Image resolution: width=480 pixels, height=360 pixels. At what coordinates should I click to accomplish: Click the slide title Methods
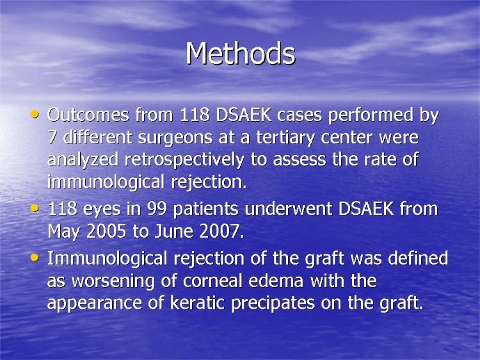[x=241, y=53]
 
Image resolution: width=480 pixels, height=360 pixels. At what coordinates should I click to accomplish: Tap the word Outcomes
[x=88, y=115]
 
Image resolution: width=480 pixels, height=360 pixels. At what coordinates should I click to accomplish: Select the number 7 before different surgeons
[x=52, y=137]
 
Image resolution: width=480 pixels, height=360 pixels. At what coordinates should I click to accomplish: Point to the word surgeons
[x=175, y=138]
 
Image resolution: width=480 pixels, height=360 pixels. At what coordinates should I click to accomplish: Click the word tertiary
[x=285, y=138]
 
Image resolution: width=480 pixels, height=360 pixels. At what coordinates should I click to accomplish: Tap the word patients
[x=205, y=209]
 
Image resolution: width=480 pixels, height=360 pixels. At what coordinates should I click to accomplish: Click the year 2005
[x=106, y=231]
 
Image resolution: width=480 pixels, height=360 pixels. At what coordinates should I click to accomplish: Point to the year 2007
[x=219, y=231]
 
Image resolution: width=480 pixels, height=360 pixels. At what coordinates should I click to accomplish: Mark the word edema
[x=276, y=281]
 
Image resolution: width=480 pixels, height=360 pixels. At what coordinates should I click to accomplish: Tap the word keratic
[x=198, y=303]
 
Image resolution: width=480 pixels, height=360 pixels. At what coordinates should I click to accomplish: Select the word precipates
[x=273, y=304]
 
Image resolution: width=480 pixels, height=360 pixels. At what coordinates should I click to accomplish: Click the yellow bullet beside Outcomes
[x=35, y=115]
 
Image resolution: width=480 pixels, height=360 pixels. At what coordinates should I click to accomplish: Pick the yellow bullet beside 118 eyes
[x=35, y=209]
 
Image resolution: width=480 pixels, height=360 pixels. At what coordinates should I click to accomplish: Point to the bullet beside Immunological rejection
[x=35, y=258]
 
